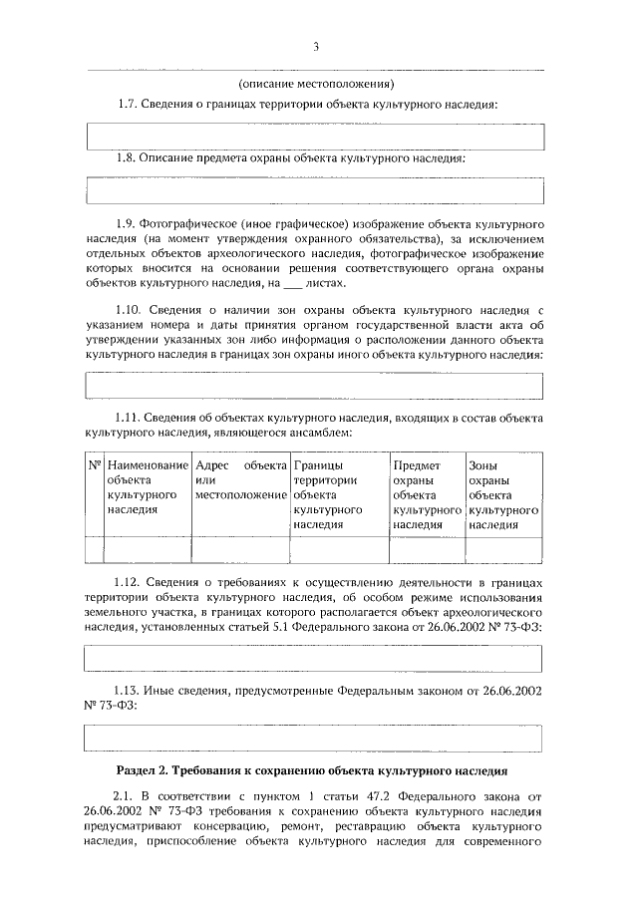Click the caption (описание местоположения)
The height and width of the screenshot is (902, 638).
click(x=318, y=83)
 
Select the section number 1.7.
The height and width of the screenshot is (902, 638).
click(x=127, y=104)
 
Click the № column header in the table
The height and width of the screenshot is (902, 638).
click(x=95, y=465)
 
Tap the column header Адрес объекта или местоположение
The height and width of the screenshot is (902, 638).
click(x=241, y=479)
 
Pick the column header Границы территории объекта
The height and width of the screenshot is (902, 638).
click(x=339, y=493)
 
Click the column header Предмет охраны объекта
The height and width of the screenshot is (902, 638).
click(x=427, y=493)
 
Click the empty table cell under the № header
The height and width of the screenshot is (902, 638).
click(x=95, y=550)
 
